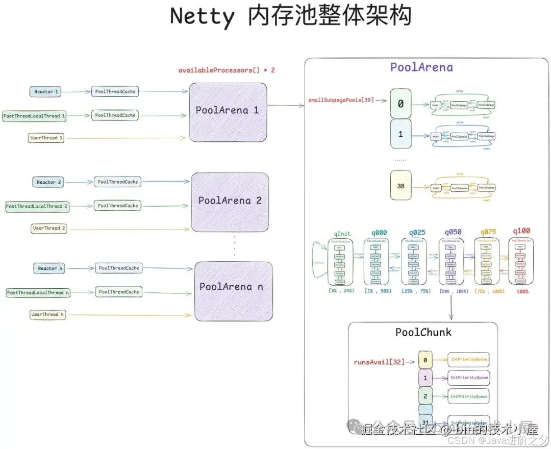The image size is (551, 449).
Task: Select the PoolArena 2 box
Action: click(x=230, y=202)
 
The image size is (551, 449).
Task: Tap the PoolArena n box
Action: click(x=233, y=287)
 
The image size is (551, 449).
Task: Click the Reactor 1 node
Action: click(x=46, y=92)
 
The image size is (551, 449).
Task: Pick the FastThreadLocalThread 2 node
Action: click(x=37, y=207)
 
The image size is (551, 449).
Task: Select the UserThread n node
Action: click(x=48, y=315)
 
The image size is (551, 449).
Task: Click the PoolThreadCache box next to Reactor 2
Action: click(x=118, y=182)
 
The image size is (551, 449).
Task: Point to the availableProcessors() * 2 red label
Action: click(x=227, y=70)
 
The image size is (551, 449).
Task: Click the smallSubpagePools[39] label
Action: click(x=340, y=100)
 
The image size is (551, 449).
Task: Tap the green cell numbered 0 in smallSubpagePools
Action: click(x=400, y=104)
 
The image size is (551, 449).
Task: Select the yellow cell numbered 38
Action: click(x=400, y=186)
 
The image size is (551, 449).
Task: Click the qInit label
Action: click(x=342, y=233)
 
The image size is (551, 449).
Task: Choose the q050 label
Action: click(x=453, y=233)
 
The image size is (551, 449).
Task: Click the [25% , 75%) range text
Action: click(x=416, y=291)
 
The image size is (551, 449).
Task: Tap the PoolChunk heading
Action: click(x=423, y=333)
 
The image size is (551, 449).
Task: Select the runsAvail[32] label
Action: click(x=379, y=362)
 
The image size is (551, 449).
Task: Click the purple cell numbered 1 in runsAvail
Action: click(x=425, y=378)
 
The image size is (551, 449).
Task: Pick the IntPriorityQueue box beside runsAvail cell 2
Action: click(x=469, y=396)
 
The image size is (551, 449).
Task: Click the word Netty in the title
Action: click(x=202, y=17)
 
